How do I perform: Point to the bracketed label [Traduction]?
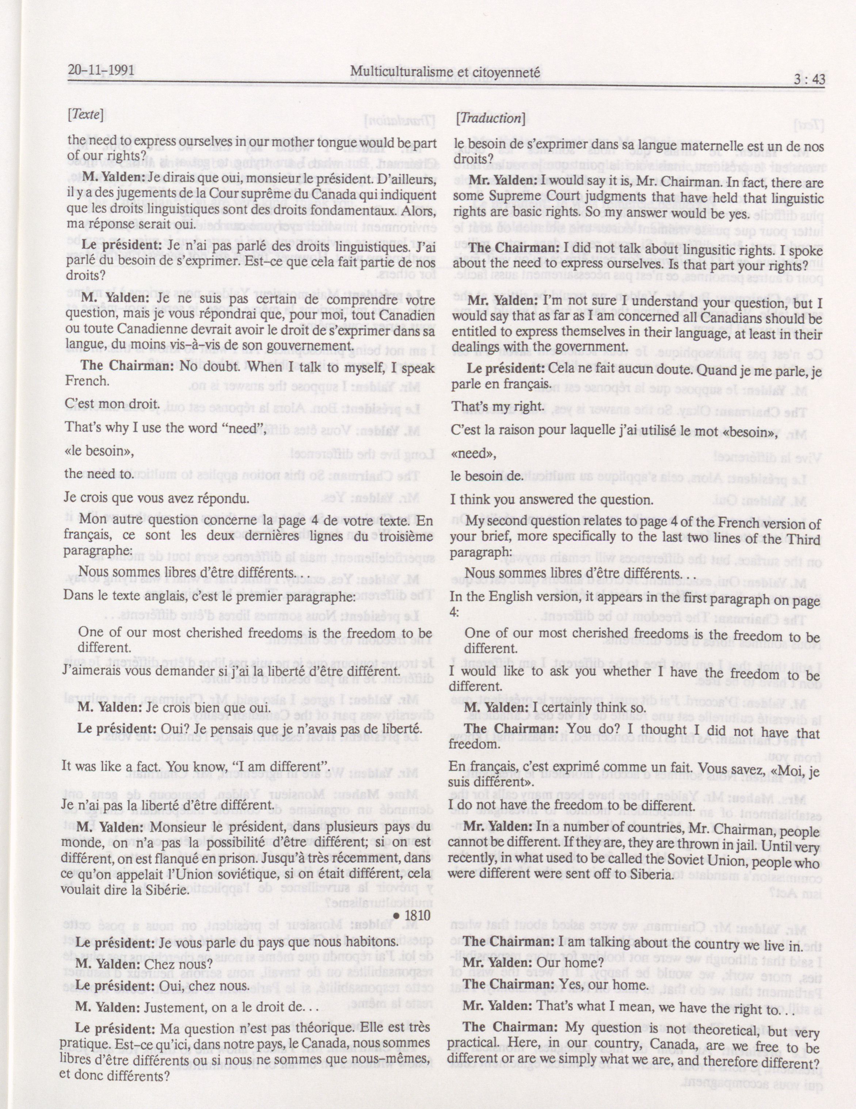click(x=490, y=117)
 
